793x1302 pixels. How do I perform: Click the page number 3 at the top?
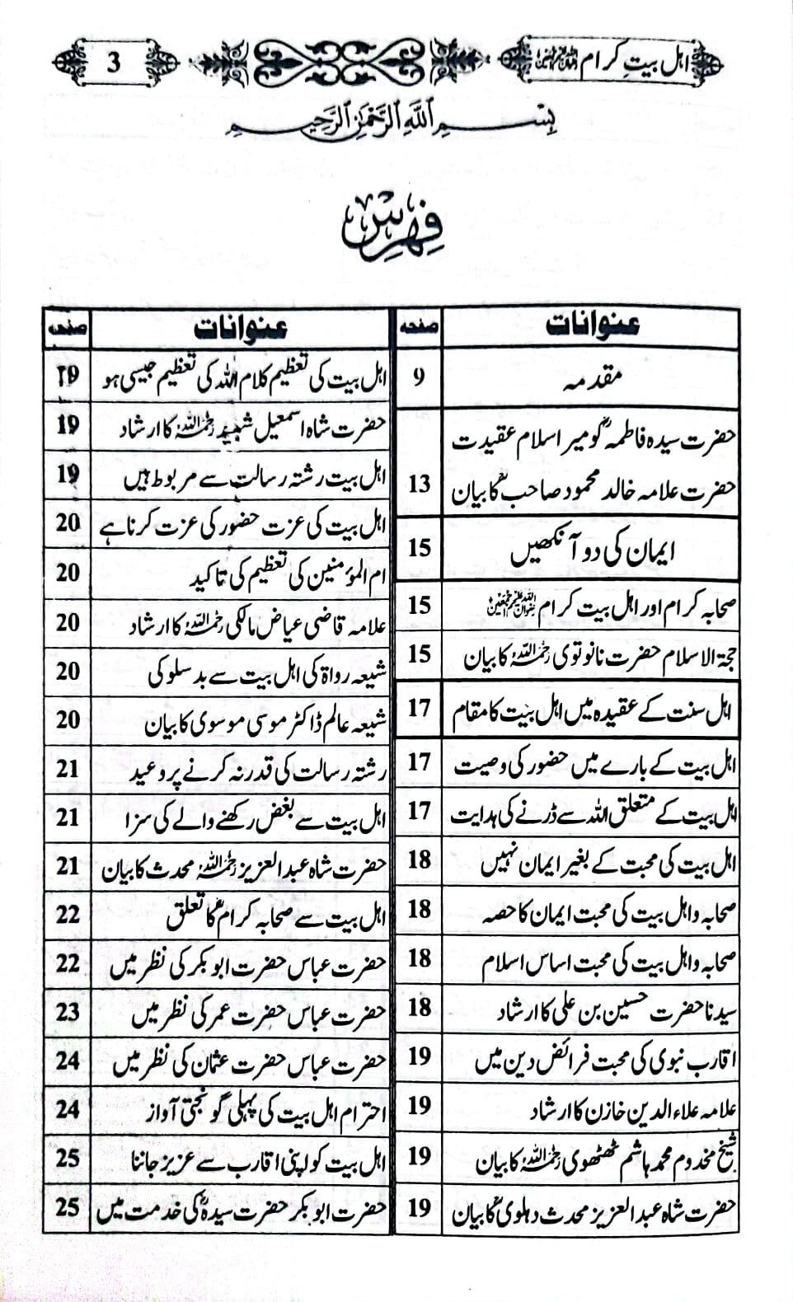click(115, 62)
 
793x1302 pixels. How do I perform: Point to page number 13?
click(419, 484)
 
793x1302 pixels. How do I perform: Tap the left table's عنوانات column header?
click(241, 328)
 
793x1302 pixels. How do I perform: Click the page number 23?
click(68, 1011)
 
